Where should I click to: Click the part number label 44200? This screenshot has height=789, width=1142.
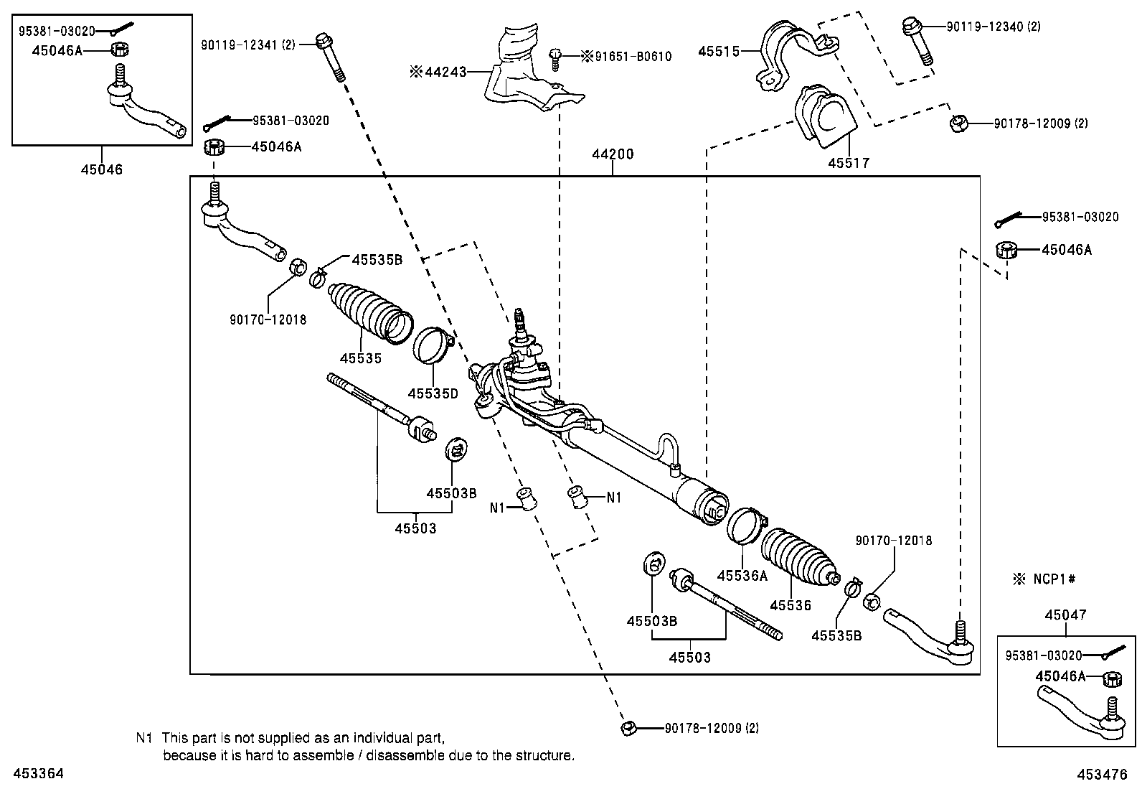tap(613, 154)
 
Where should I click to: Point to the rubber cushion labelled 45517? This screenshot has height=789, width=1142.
tap(826, 119)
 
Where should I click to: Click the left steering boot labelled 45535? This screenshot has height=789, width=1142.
tap(369, 311)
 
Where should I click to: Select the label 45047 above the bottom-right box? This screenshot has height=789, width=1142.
tap(1065, 615)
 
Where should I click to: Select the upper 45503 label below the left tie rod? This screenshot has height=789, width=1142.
tap(415, 528)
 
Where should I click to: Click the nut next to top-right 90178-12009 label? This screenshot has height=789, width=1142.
tap(957, 124)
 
